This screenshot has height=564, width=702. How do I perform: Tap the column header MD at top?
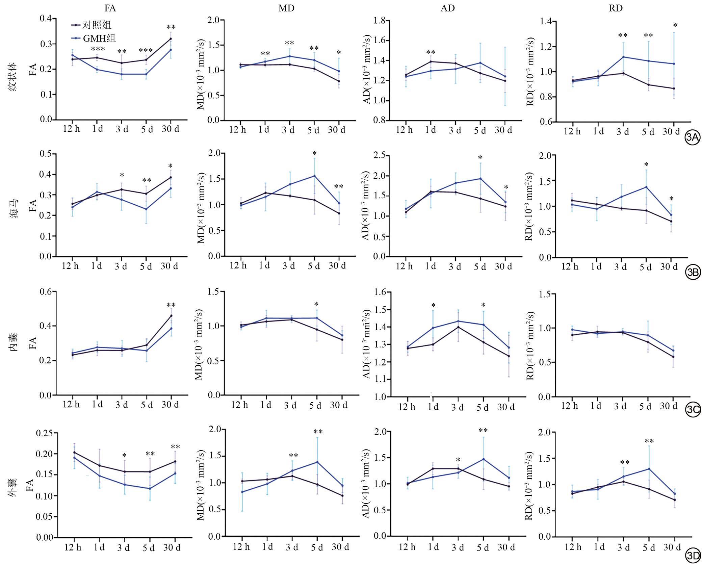286,8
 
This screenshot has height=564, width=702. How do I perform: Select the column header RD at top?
616,8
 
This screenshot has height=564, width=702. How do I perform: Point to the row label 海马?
14,209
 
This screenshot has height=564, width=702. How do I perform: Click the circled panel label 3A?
693,137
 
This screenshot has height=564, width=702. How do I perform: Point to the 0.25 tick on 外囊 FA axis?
44,433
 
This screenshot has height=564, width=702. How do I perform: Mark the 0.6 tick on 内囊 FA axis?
46,291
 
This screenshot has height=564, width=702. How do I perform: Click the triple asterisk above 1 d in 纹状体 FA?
98,50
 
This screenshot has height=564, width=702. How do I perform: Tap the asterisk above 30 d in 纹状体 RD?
675,26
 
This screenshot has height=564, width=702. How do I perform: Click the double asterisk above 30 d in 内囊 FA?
171,305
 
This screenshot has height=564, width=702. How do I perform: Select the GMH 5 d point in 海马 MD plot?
314,176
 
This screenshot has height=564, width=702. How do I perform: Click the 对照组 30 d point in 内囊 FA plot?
171,316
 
